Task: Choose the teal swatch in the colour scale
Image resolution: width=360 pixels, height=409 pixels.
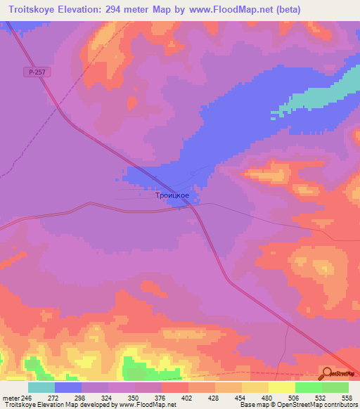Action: click(41, 387)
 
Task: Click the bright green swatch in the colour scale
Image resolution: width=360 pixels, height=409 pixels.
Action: click(309, 387)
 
